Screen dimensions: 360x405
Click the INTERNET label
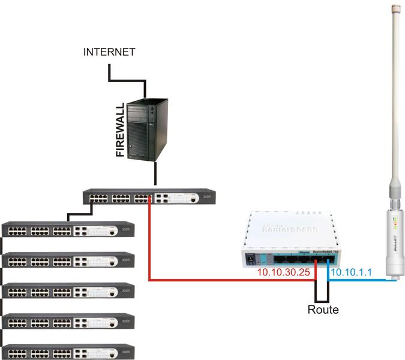(109, 52)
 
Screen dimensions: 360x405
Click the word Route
(323, 310)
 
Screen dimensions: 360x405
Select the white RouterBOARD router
(291, 240)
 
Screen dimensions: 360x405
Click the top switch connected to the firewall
(148, 197)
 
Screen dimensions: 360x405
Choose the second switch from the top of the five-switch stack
(68, 260)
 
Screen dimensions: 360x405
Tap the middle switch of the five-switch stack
(68, 290)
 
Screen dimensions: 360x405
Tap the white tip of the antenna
(395, 8)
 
